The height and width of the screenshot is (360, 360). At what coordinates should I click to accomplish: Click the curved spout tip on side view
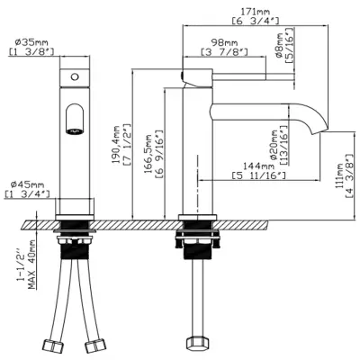(x=317, y=126)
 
